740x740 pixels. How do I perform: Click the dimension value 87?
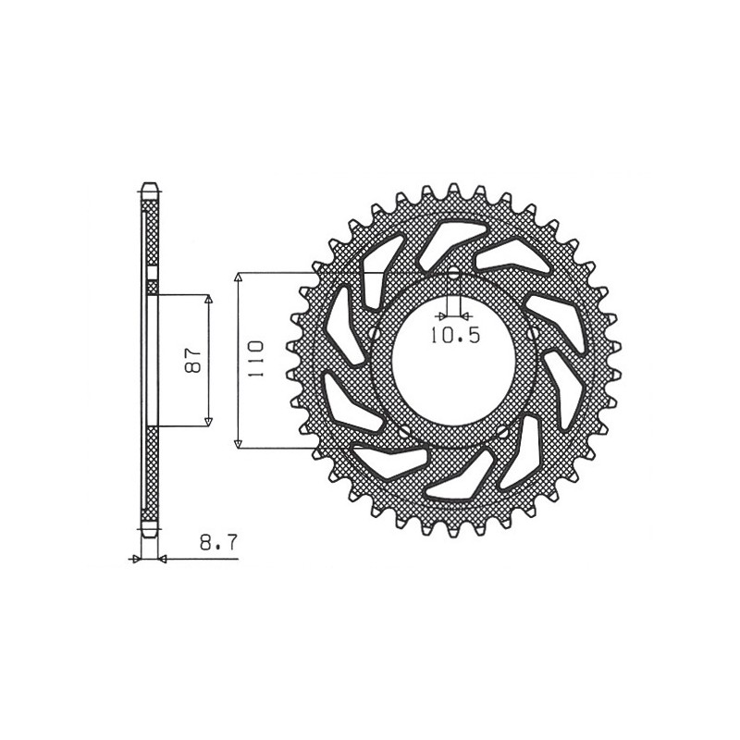tap(194, 361)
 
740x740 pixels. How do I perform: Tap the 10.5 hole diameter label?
tap(455, 336)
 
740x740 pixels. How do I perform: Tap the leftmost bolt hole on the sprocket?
tap(373, 334)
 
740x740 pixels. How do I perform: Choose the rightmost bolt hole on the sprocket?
tap(534, 334)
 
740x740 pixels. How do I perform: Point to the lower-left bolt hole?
tap(404, 431)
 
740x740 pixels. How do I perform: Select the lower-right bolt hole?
tap(502, 431)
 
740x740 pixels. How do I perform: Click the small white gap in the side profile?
tap(153, 275)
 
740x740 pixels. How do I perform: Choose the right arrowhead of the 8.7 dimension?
tap(162, 559)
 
